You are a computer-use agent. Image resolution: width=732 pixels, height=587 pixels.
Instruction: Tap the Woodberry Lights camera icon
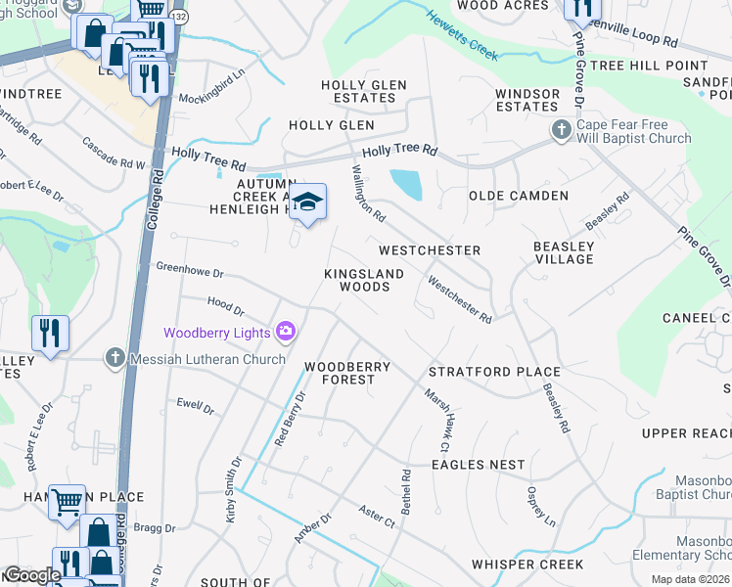(285, 333)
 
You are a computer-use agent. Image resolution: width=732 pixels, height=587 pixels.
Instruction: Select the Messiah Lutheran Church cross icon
(115, 359)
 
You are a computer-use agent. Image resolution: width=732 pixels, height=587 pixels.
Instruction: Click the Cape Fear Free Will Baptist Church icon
(562, 129)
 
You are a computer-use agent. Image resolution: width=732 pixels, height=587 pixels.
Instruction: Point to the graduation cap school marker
(308, 203)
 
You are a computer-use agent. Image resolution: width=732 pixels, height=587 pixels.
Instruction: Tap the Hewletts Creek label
(462, 30)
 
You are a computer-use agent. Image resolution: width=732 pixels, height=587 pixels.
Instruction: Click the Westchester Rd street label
(459, 299)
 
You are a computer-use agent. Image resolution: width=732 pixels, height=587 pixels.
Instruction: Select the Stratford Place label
(494, 372)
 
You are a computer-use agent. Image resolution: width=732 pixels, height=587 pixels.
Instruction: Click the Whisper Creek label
(526, 564)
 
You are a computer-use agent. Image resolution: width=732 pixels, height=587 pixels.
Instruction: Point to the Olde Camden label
(518, 196)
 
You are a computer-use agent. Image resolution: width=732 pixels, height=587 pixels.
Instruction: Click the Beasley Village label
(564, 252)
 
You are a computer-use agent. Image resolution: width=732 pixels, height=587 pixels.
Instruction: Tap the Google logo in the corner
(31, 575)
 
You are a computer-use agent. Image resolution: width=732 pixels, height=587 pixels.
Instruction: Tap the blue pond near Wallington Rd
(406, 184)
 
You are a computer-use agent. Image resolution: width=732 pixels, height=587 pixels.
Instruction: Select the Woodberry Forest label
(346, 373)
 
